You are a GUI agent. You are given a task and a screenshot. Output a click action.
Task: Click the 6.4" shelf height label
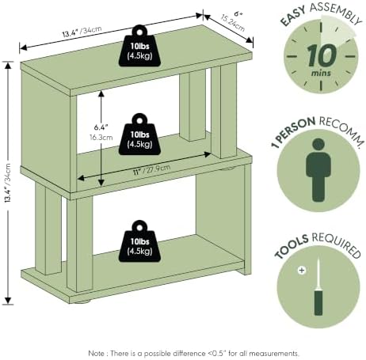tap(101, 127)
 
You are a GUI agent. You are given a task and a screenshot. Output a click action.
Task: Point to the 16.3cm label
tap(101, 138)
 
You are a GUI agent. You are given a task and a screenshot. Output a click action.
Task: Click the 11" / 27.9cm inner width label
tap(151, 169)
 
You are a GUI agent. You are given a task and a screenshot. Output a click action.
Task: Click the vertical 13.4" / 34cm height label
tap(8, 183)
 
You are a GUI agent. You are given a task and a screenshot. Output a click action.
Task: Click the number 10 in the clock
tap(322, 55)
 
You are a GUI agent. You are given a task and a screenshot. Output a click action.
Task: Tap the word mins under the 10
tap(321, 73)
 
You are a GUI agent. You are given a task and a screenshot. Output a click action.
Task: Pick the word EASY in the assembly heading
tap(293, 17)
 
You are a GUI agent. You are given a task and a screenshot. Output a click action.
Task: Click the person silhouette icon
tap(318, 170)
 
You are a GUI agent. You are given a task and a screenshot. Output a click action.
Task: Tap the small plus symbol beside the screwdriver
tap(302, 271)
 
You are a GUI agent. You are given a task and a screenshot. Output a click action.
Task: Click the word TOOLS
tap(292, 247)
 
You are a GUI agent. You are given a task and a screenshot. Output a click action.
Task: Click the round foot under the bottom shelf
tap(82, 301)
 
